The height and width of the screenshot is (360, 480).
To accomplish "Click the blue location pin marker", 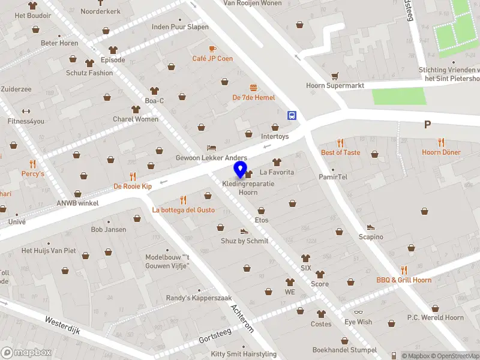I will (x=241, y=170).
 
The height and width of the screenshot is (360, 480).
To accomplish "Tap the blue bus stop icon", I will (x=292, y=115).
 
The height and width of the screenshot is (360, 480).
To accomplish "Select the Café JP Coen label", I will (x=212, y=58).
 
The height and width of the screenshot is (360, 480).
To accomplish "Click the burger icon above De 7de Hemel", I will (x=254, y=88).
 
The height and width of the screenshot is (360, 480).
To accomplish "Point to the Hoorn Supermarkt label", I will (x=335, y=86).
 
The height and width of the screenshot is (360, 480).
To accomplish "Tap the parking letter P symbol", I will (x=428, y=125).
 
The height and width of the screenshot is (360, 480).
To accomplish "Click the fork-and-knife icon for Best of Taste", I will (x=340, y=143).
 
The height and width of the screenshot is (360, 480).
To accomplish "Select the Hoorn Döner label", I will (x=441, y=152).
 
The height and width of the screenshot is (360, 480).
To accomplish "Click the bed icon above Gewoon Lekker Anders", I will (x=211, y=148).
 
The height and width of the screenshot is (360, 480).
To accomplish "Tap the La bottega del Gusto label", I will (x=183, y=210).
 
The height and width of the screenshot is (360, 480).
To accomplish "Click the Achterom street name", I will (x=242, y=317).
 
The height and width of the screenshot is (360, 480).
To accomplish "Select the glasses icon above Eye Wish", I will (x=358, y=312).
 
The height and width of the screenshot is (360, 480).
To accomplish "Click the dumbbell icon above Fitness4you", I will (x=26, y=111).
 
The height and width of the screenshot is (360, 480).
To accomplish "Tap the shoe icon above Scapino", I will (x=371, y=227).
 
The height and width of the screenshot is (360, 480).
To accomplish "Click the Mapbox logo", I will (x=26, y=353).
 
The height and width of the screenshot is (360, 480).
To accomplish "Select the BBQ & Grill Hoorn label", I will (x=404, y=280).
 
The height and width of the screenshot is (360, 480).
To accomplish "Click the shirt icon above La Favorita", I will (x=277, y=162).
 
